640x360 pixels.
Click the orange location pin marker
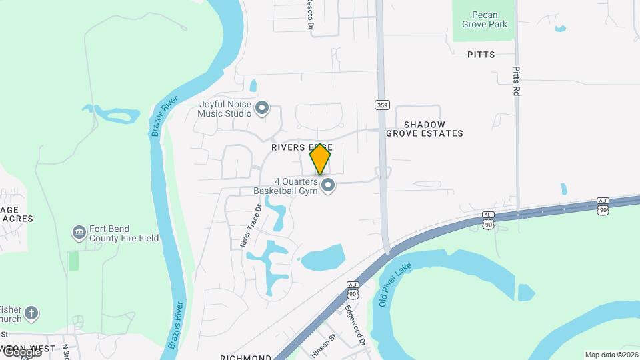point(320,159)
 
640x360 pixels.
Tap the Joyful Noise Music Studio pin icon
point(262,107)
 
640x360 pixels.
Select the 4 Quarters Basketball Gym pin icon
point(327,185)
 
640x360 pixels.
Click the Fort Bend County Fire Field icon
point(79,232)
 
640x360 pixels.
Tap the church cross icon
point(31,312)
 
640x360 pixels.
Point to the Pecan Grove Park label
point(485,19)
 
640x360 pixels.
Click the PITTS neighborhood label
point(481,55)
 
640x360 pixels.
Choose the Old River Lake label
point(396,285)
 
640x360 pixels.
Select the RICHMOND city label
point(245,357)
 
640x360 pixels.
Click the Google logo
point(22,352)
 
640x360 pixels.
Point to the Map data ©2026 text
point(611,355)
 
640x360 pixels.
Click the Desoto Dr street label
point(310,15)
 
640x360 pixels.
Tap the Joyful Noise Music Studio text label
point(224,109)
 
